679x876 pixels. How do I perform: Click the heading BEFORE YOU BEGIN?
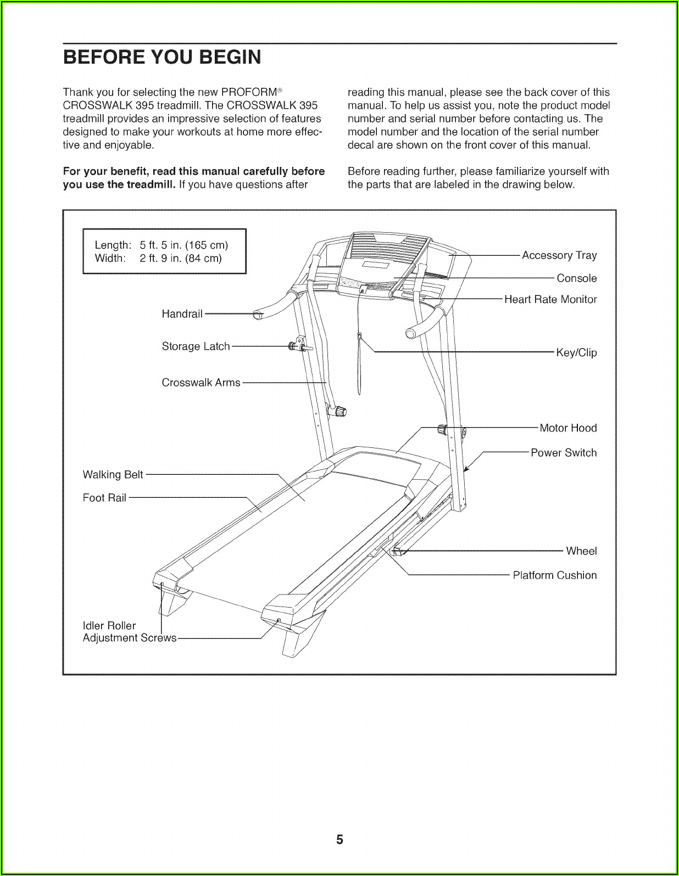pyautogui.click(x=162, y=57)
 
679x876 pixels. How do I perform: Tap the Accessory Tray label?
pyautogui.click(x=559, y=255)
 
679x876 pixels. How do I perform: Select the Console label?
pyautogui.click(x=576, y=278)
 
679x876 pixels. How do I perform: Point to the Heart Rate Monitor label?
pyautogui.click(x=550, y=300)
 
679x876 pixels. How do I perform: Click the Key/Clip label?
pyautogui.click(x=576, y=353)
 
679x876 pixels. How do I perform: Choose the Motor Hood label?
pyautogui.click(x=567, y=428)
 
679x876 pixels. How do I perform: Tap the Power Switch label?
pyautogui.click(x=563, y=453)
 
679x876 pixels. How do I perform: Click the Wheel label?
pyautogui.click(x=581, y=551)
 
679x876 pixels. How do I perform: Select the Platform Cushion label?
pyautogui.click(x=554, y=576)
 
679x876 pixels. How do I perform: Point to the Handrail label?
pyautogui.click(x=182, y=314)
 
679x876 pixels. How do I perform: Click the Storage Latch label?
pyautogui.click(x=196, y=346)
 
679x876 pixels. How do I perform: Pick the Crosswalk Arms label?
pyautogui.click(x=201, y=383)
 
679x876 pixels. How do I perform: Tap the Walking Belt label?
pyautogui.click(x=113, y=474)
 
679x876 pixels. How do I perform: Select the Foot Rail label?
pyautogui.click(x=104, y=498)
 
